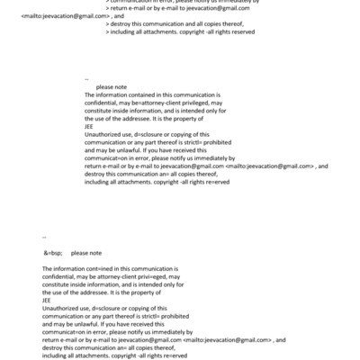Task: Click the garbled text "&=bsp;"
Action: click(x=52, y=254)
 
